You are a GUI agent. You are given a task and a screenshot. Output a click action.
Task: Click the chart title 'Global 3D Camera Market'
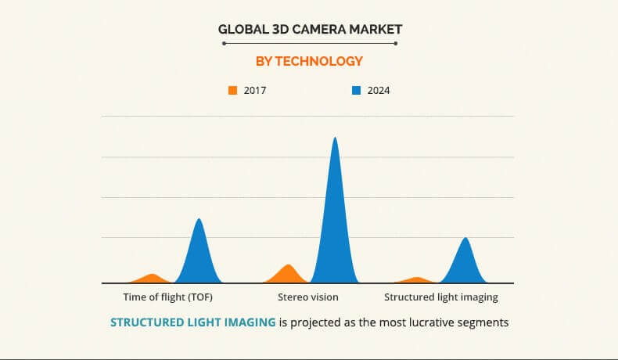[x=309, y=30]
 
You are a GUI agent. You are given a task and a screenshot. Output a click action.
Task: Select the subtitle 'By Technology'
[x=309, y=61]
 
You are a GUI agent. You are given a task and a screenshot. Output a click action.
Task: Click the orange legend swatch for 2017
[x=232, y=90]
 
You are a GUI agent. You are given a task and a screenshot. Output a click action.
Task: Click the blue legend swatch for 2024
[x=356, y=90]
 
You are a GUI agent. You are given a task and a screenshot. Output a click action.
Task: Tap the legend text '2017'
[x=255, y=90]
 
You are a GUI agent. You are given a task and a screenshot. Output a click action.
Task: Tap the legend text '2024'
[x=379, y=90]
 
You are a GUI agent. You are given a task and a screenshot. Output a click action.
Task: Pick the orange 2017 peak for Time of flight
[x=153, y=278]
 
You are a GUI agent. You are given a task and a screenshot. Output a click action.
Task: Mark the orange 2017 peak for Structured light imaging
[x=418, y=279]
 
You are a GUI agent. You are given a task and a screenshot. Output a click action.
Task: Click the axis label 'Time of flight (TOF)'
[x=168, y=297]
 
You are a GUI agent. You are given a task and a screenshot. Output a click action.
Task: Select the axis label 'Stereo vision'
[x=308, y=297]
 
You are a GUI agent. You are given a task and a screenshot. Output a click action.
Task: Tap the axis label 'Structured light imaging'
[x=440, y=297]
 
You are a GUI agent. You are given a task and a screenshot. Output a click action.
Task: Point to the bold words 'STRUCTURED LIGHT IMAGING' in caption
[x=193, y=322]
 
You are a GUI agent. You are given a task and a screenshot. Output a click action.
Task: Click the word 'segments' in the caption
[x=483, y=322]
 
